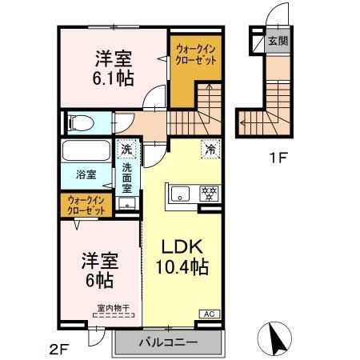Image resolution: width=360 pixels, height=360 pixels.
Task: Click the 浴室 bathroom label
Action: point(86,173)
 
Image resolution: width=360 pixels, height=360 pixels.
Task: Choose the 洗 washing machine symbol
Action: point(126,148)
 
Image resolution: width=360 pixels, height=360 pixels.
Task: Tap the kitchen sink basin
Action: point(181,192)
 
